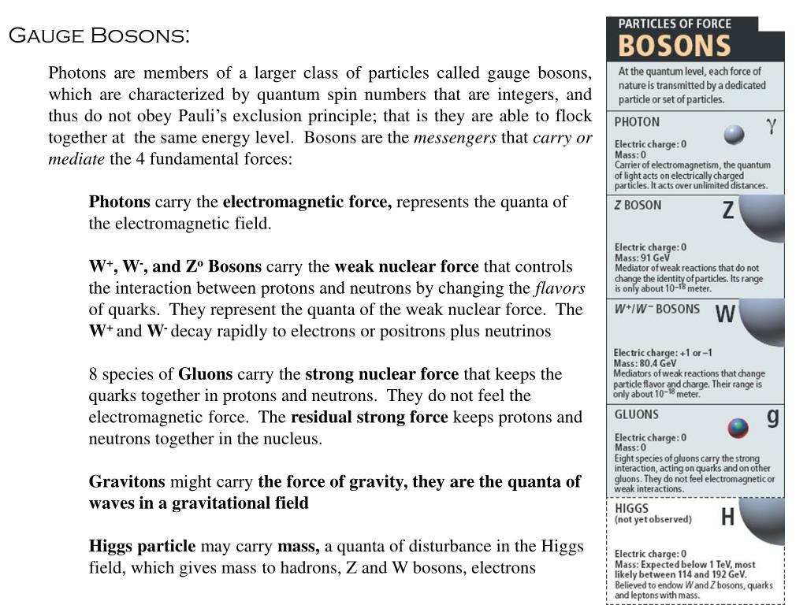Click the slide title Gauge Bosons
point(99,36)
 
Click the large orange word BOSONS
point(674,45)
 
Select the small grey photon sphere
point(734,135)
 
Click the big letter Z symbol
point(728,210)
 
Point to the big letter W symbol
point(725,314)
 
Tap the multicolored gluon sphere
point(738,428)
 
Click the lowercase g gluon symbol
point(773,418)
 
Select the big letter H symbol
point(728,517)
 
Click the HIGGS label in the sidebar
point(631,508)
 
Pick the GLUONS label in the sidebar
point(637,414)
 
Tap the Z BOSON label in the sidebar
point(638,205)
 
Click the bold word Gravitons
point(127,481)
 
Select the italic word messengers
point(455,138)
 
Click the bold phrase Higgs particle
point(142,546)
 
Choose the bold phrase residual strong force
point(369,417)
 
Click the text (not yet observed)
point(653,520)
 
